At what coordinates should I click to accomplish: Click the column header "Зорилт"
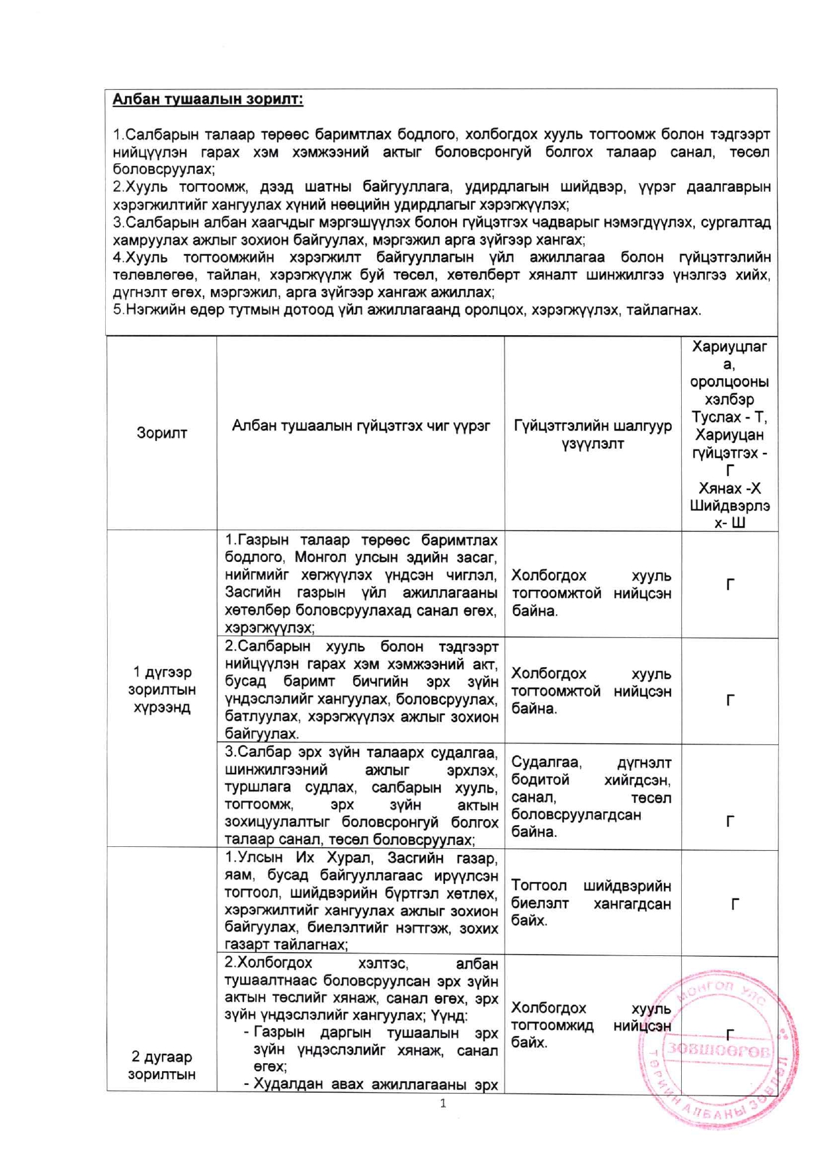[x=161, y=433]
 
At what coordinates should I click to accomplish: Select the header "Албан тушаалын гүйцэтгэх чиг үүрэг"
[x=360, y=426]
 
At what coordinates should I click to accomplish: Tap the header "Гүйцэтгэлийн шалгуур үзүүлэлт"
[x=593, y=434]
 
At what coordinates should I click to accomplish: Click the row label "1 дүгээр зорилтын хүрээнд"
[x=161, y=690]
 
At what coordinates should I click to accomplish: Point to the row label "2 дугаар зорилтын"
[x=161, y=1065]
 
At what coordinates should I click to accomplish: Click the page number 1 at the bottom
[x=443, y=1103]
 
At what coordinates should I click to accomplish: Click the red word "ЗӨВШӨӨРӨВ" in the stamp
[x=718, y=1050]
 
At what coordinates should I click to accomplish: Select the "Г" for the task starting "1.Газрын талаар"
[x=729, y=584]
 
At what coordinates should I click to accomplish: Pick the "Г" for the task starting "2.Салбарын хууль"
[x=729, y=699]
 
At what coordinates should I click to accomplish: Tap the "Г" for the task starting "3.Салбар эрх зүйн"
[x=729, y=821]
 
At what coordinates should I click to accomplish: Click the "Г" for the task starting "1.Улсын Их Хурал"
[x=734, y=904]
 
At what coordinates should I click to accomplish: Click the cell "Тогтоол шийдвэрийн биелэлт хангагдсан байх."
[x=591, y=903]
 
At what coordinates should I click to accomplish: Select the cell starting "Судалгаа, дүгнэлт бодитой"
[x=591, y=797]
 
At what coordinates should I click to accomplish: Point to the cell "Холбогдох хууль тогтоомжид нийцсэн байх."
[x=591, y=1025]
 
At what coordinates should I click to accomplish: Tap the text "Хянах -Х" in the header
[x=729, y=489]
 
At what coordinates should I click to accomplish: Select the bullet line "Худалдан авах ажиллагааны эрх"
[x=375, y=1084]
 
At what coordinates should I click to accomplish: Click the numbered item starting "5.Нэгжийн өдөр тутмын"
[x=407, y=310]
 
